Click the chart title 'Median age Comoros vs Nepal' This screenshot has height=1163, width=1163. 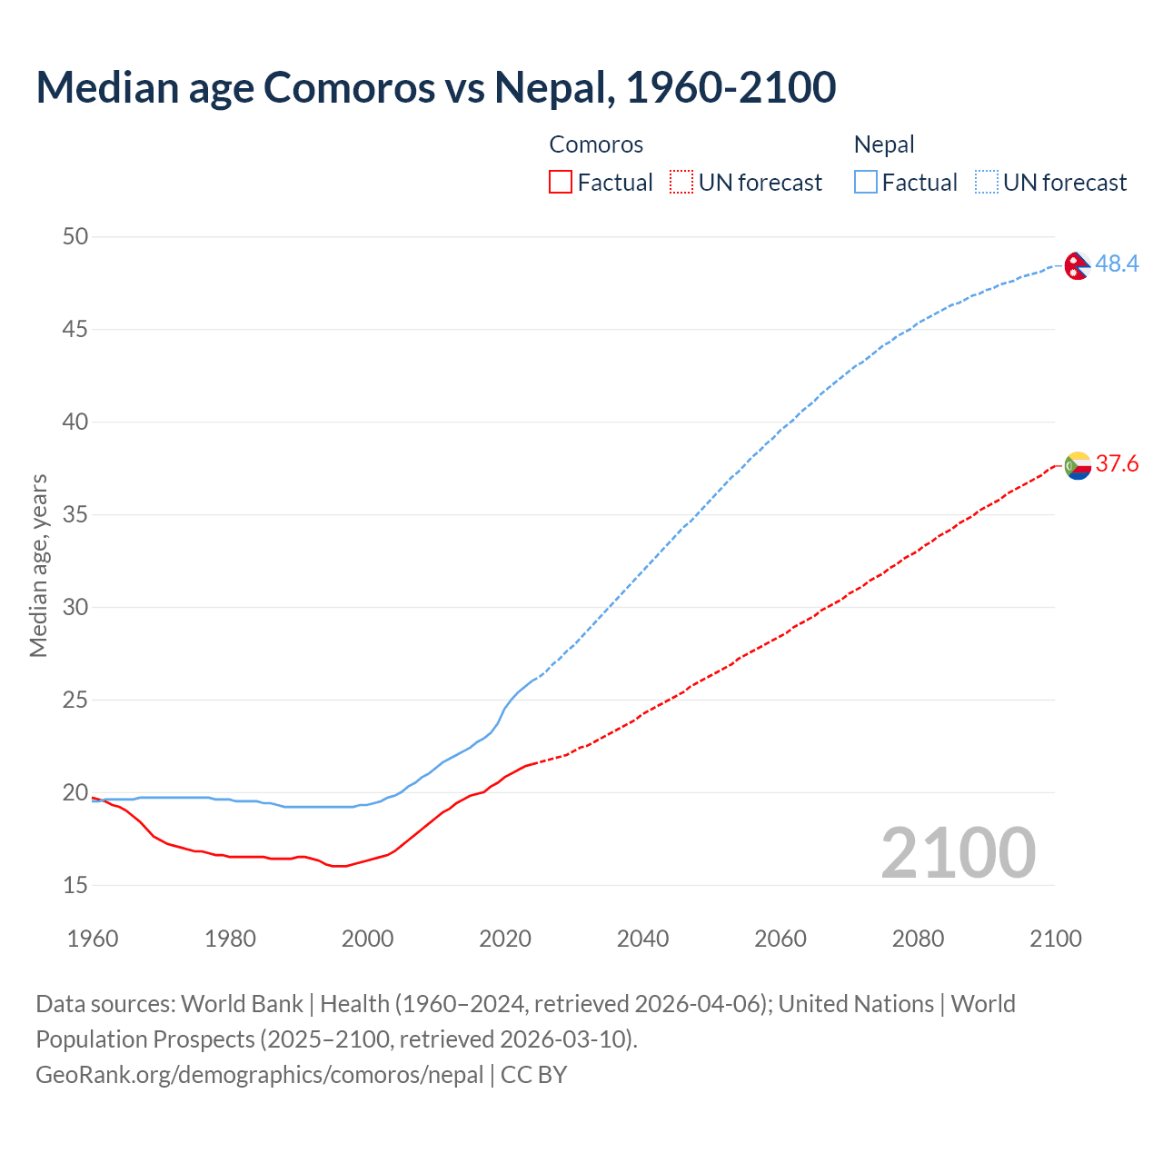435,87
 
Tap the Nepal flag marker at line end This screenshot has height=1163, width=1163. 1077,265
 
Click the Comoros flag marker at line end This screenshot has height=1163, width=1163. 1078,465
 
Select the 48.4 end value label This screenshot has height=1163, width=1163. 1117,263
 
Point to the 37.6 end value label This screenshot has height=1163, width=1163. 1117,464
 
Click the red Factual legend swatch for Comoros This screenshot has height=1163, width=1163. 561,183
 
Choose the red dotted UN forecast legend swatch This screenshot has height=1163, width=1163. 681,183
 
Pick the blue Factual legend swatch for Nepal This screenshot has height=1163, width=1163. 866,183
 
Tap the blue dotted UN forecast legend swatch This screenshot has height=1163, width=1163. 987,183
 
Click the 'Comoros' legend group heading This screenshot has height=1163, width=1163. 596,144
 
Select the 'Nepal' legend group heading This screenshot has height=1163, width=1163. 884,144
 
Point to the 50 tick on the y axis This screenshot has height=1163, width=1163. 75,236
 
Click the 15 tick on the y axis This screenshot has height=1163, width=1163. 75,885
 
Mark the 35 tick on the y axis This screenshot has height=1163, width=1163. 75,514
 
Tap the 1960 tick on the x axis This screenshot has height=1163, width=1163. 93,939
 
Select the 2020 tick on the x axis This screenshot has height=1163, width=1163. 505,939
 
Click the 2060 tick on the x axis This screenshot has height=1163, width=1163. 780,939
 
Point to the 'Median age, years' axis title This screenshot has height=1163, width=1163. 38,565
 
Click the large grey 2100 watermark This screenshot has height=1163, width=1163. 959,852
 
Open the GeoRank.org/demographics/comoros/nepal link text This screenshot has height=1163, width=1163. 260,1075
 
